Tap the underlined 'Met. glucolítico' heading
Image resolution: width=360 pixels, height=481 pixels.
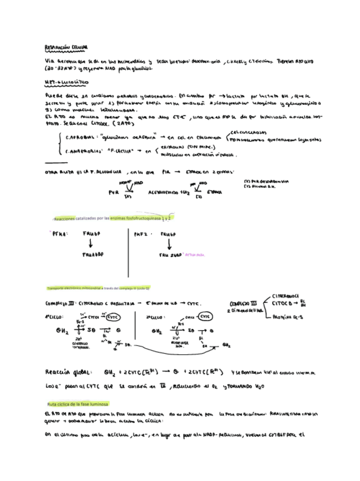point(63,82)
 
